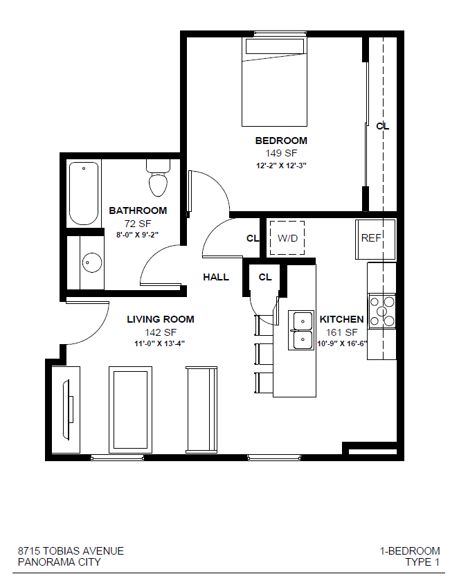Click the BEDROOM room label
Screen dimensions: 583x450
pyautogui.click(x=280, y=141)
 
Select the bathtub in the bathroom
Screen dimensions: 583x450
pyautogui.click(x=84, y=193)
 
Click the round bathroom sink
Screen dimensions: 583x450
pyautogui.click(x=92, y=262)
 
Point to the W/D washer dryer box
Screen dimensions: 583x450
pyautogui.click(x=287, y=238)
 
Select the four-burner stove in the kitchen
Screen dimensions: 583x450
pyautogui.click(x=381, y=311)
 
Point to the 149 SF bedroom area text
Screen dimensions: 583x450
pyautogui.click(x=280, y=153)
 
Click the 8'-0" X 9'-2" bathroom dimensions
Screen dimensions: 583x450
pyautogui.click(x=137, y=235)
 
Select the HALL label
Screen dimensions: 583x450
pyautogui.click(x=216, y=277)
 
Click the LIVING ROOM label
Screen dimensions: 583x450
pyautogui.click(x=161, y=319)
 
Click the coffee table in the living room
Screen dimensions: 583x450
pyautogui.click(x=130, y=409)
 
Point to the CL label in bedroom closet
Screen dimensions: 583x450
pyautogui.click(x=382, y=126)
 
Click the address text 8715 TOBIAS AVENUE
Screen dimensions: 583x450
pyautogui.click(x=71, y=551)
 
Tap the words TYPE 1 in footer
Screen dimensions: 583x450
pyautogui.click(x=422, y=562)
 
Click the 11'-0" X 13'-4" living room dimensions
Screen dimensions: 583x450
pyautogui.click(x=160, y=343)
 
